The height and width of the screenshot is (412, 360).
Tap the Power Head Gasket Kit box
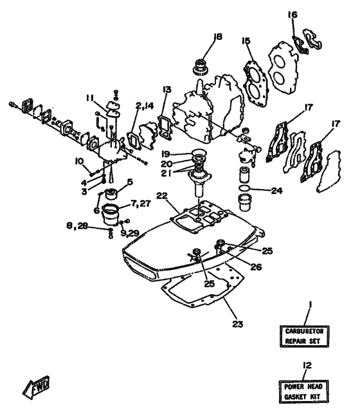click(305, 390)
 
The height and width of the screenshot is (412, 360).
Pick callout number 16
click(292, 15)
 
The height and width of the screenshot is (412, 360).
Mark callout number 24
click(276, 190)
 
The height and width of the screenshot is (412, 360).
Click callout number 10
click(80, 161)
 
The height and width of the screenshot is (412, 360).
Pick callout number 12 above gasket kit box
click(307, 366)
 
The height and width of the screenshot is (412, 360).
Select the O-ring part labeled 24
click(245, 190)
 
